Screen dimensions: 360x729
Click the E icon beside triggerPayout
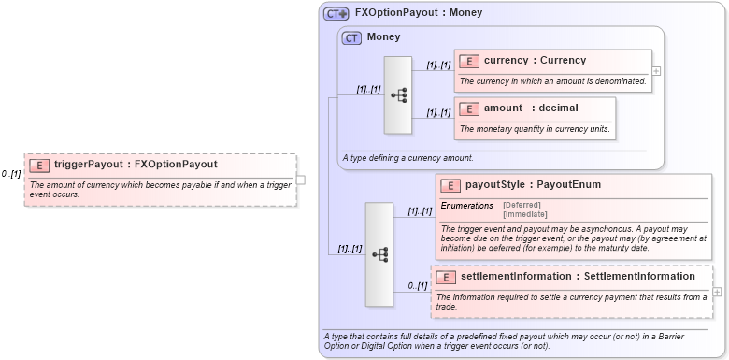[x=40, y=165]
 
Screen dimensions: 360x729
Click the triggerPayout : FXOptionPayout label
[x=136, y=165]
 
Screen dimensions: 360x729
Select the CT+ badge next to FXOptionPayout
[x=336, y=14]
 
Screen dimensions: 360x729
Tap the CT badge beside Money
[x=352, y=37]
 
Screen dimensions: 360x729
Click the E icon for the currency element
[x=469, y=61]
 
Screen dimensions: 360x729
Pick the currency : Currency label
[x=535, y=61]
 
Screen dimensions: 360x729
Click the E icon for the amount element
[x=469, y=108]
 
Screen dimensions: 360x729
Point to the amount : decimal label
[x=531, y=108]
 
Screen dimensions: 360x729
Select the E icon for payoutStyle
[x=450, y=185]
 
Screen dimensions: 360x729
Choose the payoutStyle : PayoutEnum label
[x=533, y=185]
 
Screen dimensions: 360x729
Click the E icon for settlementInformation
[x=446, y=277]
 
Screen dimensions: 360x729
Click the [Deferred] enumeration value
[x=522, y=205]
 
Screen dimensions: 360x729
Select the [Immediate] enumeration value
[x=524, y=214]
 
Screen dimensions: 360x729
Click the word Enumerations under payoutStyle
[x=466, y=205]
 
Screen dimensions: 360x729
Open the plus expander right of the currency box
[x=656, y=70]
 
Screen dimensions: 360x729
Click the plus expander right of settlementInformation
[x=717, y=292]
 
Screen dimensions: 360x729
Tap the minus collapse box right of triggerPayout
[x=301, y=180]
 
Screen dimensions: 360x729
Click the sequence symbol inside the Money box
[x=398, y=94]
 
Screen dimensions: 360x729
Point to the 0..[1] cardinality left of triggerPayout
[x=11, y=174]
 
